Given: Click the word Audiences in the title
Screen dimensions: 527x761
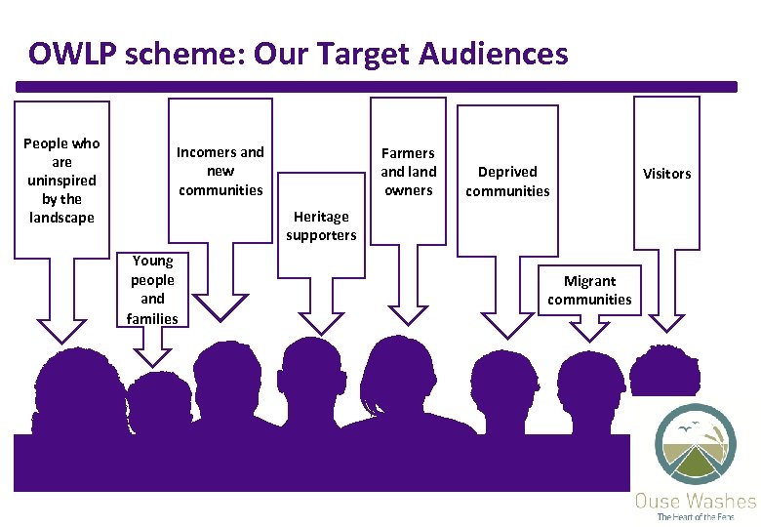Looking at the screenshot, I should click(493, 54).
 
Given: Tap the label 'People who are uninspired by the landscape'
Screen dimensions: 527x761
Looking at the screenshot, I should click(61, 181).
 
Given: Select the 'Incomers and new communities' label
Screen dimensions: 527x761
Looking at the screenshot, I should click(220, 171).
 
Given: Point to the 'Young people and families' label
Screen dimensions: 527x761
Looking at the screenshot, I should click(152, 289).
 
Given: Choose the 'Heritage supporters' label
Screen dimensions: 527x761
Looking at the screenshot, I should click(321, 225).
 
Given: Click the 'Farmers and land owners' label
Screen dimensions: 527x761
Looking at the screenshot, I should click(408, 171).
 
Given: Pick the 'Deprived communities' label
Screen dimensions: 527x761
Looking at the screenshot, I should click(507, 181).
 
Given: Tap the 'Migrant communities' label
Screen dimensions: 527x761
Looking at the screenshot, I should click(589, 290).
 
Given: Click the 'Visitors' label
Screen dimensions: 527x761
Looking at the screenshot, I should click(666, 174).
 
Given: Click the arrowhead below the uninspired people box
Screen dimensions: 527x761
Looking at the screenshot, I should click(61, 329).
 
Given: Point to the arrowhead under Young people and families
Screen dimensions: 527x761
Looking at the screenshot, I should click(151, 355).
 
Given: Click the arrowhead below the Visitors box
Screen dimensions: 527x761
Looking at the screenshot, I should click(667, 321).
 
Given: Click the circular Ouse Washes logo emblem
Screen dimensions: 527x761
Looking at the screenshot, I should click(696, 444).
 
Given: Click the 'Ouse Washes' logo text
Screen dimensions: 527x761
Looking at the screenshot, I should click(695, 502).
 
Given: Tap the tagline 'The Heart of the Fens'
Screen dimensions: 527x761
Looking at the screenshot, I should click(695, 517).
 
